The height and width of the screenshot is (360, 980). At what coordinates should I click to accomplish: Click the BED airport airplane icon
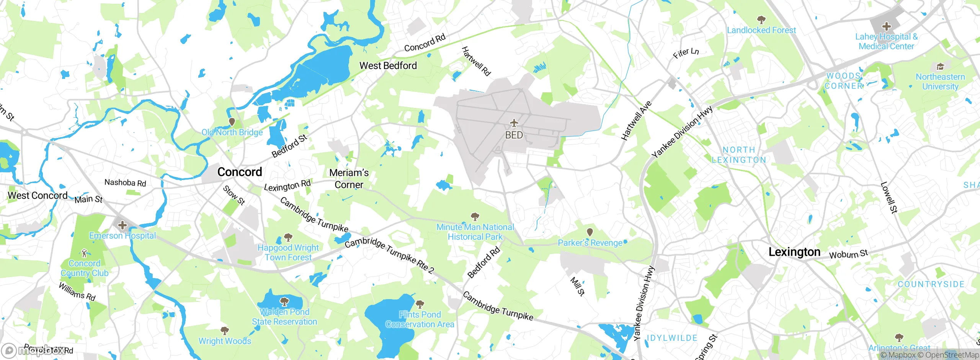[x=514, y=123]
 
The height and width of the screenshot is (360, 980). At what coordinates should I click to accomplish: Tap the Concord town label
[x=240, y=172]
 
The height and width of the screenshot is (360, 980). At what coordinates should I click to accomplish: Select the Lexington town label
[x=794, y=252]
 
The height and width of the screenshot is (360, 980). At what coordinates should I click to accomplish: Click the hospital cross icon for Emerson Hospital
[x=122, y=225]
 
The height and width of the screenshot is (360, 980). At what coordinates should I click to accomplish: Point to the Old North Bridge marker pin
[x=232, y=122]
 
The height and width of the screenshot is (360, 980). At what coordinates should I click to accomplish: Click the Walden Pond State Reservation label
[x=284, y=317]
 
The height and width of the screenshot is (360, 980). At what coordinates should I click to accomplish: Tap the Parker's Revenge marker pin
[x=590, y=232]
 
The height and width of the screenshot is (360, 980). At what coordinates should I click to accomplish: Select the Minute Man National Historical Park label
[x=475, y=232]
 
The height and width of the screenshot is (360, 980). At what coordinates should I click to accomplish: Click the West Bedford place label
[x=388, y=65]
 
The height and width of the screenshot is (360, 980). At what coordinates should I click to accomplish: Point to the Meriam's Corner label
[x=349, y=178]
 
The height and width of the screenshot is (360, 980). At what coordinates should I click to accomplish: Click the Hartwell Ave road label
[x=636, y=121]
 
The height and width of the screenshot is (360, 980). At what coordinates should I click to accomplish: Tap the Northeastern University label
[x=940, y=82]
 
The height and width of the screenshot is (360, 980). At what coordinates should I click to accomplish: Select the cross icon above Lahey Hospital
[x=886, y=26]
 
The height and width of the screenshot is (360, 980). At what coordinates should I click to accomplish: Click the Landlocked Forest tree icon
[x=761, y=20]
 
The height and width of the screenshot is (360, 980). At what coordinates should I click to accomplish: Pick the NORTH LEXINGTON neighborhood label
[x=739, y=155]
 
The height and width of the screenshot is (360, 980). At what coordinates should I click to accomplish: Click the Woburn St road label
[x=848, y=254]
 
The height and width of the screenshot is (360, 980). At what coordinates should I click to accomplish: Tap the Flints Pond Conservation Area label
[x=420, y=319]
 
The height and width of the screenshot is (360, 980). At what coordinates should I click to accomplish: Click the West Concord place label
[x=38, y=195]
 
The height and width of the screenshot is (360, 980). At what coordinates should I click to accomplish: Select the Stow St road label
[x=234, y=195]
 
